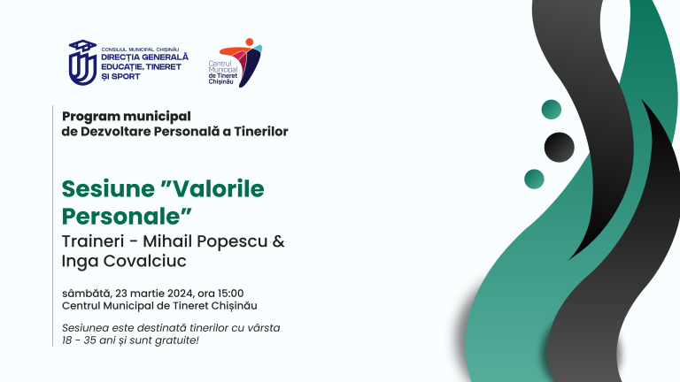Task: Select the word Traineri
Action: [91, 242]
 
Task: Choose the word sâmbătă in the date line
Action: [85, 293]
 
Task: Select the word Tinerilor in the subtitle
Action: [256, 132]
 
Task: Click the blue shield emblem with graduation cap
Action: [81, 61]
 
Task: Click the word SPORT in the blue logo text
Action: [125, 77]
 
